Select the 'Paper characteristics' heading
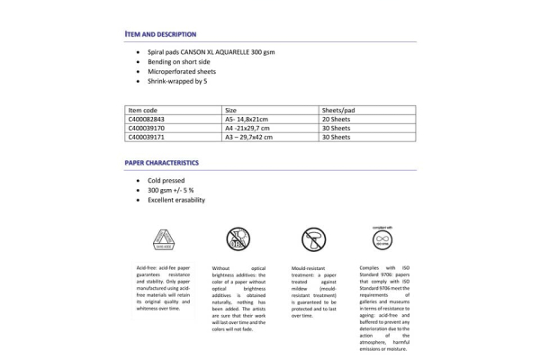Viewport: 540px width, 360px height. click(x=162, y=163)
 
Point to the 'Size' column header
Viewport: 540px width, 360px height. click(x=230, y=109)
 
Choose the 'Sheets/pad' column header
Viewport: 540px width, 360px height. click(x=337, y=109)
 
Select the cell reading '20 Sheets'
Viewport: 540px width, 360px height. click(x=337, y=119)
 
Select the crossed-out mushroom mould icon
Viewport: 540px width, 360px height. click(x=313, y=238)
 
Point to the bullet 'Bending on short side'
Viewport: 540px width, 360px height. click(x=179, y=62)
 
